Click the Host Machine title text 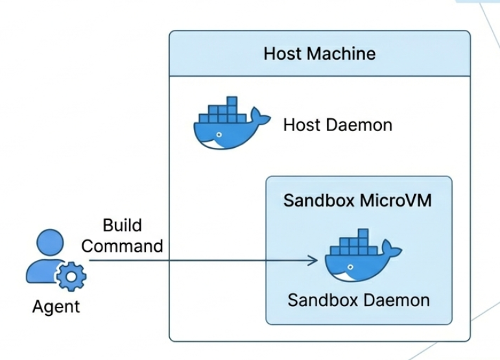(319, 53)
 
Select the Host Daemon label (337, 124)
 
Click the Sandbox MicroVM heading (358, 200)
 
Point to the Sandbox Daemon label (359, 300)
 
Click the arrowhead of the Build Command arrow (315, 261)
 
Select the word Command (122, 246)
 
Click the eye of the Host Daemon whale (219, 136)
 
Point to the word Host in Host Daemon (300, 124)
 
